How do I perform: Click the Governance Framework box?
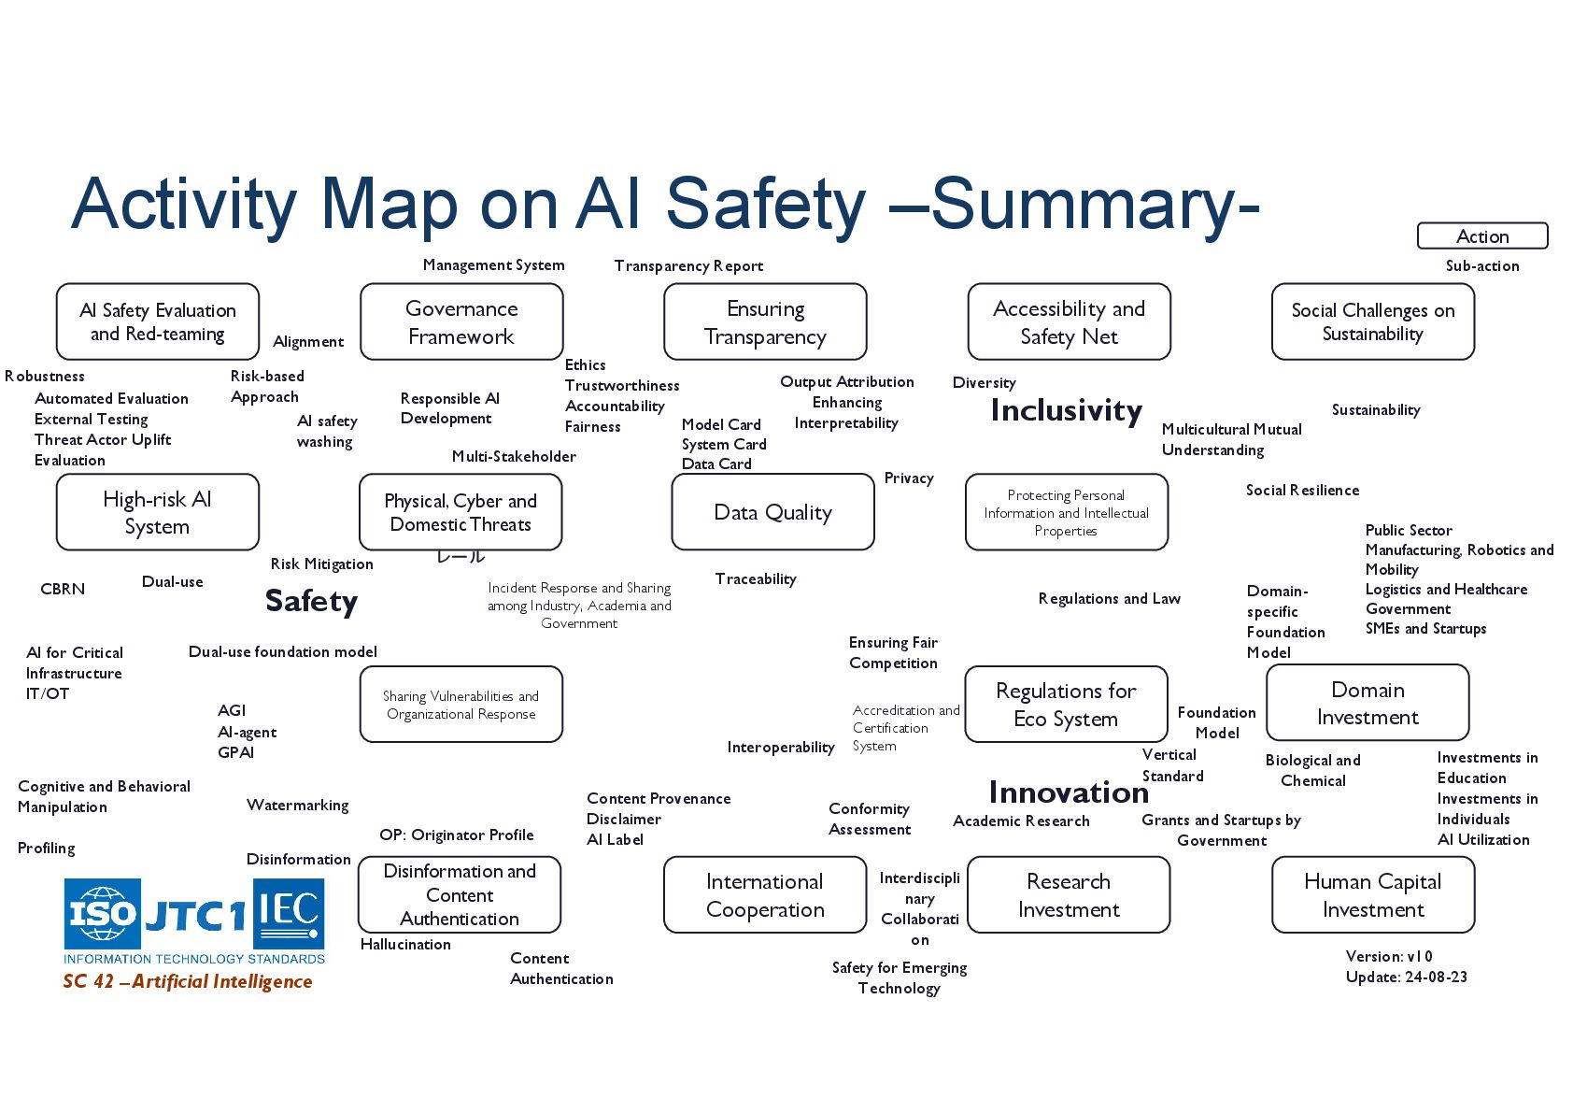(461, 322)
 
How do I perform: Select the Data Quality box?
(772, 512)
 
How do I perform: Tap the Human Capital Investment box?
(1372, 895)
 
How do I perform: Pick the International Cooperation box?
(765, 895)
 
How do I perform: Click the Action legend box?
(1481, 236)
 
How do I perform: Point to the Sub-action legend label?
(1481, 266)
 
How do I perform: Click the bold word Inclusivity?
(1066, 411)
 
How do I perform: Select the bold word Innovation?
(1069, 792)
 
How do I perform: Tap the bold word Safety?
(311, 601)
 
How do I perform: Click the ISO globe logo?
(102, 913)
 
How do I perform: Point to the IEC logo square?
(289, 913)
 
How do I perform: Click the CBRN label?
(63, 590)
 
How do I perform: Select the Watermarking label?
(297, 806)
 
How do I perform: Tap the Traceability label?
(756, 579)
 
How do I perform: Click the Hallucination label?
(405, 945)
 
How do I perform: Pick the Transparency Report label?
(688, 266)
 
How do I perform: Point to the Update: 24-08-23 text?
(1406, 977)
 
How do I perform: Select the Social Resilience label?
(1302, 491)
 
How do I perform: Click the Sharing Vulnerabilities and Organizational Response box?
(461, 705)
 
